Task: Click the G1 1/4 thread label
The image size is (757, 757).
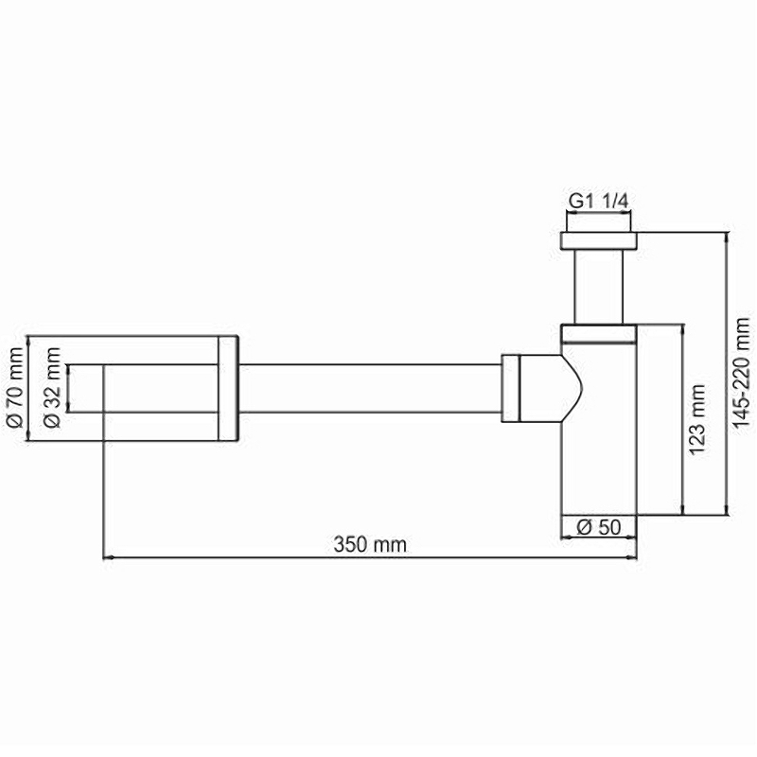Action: [598, 202]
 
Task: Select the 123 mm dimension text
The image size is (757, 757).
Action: [697, 420]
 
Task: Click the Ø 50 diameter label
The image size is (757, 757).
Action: [598, 528]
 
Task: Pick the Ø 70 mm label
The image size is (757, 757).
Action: [14, 387]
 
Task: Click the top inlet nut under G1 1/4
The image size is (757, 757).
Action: [598, 239]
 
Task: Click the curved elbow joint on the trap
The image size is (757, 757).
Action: [558, 386]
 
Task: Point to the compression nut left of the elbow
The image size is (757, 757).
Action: [510, 386]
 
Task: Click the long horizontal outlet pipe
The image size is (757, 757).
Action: [369, 386]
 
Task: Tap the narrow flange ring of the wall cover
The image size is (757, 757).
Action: [229, 387]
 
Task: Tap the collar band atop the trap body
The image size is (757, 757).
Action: [598, 332]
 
